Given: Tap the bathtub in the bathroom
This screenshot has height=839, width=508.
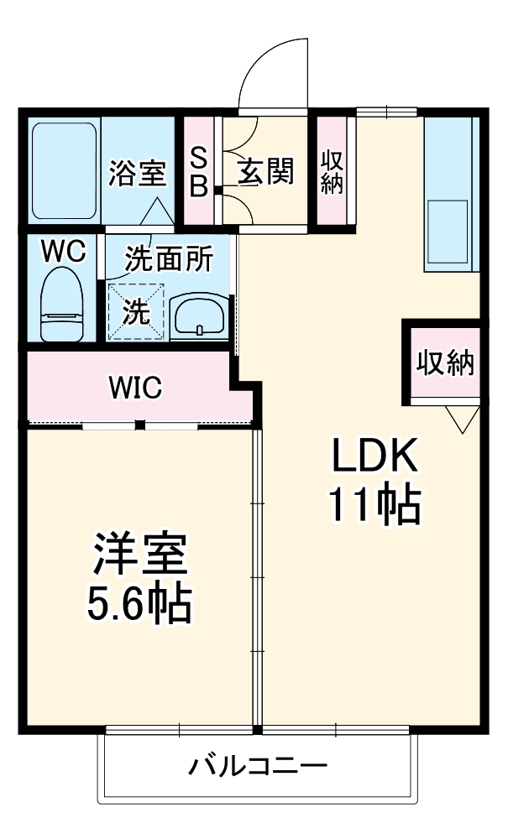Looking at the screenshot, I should pyautogui.click(x=66, y=169).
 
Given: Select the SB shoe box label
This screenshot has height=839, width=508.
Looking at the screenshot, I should pyautogui.click(x=198, y=172).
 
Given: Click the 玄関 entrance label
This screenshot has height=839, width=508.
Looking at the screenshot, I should pyautogui.click(x=265, y=172).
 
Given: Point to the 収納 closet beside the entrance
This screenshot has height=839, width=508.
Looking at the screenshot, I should pyautogui.click(x=332, y=172).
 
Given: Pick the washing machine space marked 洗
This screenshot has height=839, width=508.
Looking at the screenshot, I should pyautogui.click(x=136, y=311).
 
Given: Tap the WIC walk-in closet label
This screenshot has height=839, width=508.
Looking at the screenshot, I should pyautogui.click(x=134, y=388).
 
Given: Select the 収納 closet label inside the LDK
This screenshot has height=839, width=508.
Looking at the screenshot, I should pyautogui.click(x=445, y=362).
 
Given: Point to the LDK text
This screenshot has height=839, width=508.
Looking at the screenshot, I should pyautogui.click(x=373, y=458).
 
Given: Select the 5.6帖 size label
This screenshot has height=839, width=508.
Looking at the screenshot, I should pyautogui.click(x=139, y=601).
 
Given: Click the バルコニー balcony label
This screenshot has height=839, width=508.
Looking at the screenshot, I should pyautogui.click(x=257, y=766).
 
